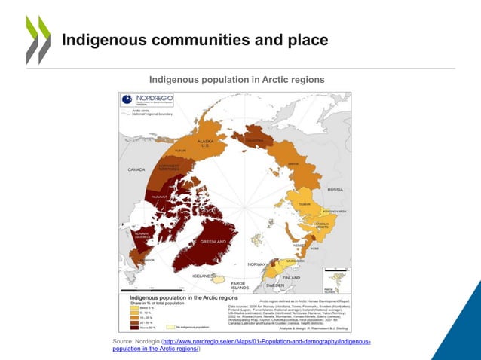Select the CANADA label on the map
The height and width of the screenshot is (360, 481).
[x=136, y=169]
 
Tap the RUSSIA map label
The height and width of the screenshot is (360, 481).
[x=335, y=189]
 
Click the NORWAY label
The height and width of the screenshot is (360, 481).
[x=258, y=264]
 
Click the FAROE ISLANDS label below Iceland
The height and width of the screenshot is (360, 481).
[x=240, y=286]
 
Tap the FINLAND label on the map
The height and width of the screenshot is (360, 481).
[x=292, y=277]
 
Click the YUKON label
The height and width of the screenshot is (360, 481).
[x=180, y=150]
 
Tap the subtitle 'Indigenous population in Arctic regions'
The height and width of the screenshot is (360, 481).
[x=236, y=80]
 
